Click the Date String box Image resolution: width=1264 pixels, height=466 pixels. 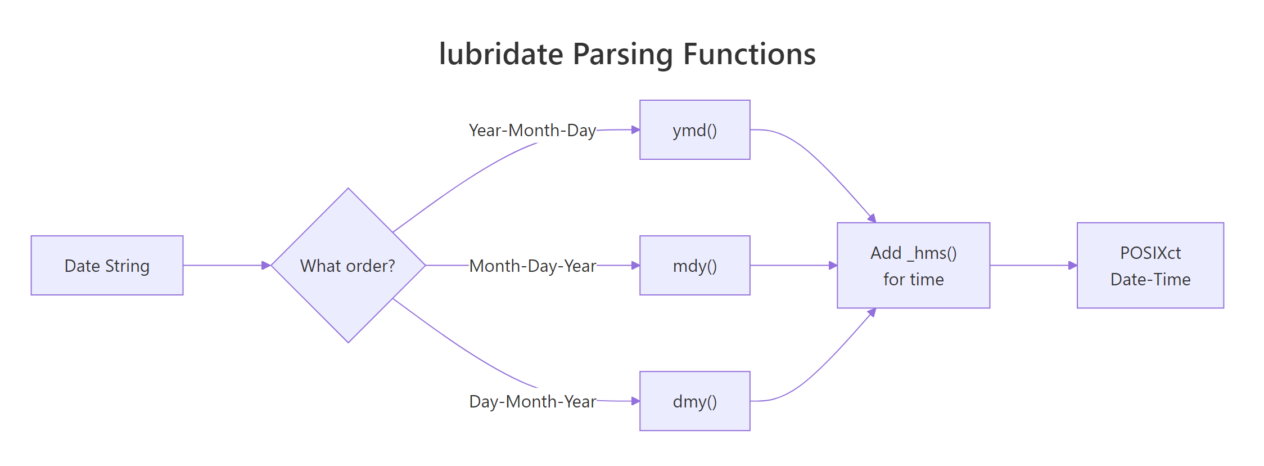[107, 265]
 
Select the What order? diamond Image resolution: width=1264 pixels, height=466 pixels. [348, 265]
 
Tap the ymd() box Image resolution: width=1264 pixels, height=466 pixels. [694, 130]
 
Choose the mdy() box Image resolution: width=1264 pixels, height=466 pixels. [694, 265]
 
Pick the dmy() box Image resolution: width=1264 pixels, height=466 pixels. [694, 401]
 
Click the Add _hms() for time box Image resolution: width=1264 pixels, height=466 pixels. [913, 265]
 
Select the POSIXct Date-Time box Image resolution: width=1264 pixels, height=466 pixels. [1150, 265]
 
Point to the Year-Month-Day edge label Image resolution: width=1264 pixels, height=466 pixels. [532, 130]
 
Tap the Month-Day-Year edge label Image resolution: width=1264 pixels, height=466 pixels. [532, 265]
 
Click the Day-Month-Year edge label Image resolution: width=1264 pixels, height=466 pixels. [532, 401]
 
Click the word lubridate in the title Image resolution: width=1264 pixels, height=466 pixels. [500, 54]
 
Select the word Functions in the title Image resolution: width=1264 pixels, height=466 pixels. [749, 54]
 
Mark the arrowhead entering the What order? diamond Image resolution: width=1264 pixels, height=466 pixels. [267, 265]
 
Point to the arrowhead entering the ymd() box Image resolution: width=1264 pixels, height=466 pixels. [635, 130]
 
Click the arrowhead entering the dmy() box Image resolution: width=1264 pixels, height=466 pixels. [635, 401]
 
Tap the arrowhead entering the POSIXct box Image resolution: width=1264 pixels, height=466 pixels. [1073, 265]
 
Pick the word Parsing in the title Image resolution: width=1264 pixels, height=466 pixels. [622, 54]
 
